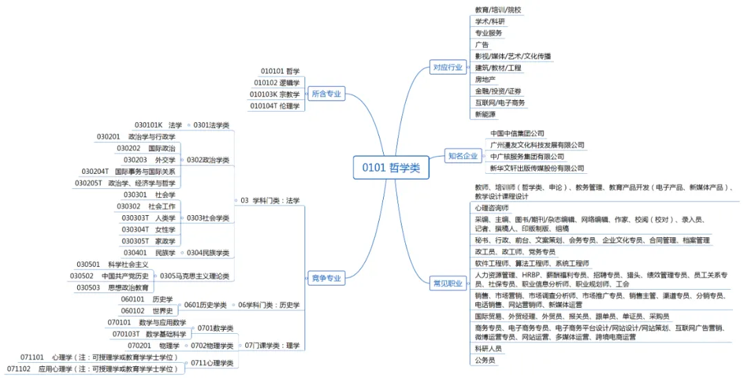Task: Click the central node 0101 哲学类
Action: pos(390,168)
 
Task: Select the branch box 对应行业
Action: pos(447,67)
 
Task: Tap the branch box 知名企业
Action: pos(462,156)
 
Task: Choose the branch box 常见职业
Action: pos(447,283)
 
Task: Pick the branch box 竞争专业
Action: pos(326,279)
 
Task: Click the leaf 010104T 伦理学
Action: pos(274,106)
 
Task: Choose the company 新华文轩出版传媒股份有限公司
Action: pos(537,168)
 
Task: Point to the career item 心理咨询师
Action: pos(491,208)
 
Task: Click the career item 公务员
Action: pos(484,360)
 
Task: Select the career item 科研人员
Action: pos(488,349)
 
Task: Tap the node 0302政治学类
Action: pos(208,160)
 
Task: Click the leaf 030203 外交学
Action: pos(149,160)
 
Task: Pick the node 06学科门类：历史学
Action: pos(269,305)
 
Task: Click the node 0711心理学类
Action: pos(212,363)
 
